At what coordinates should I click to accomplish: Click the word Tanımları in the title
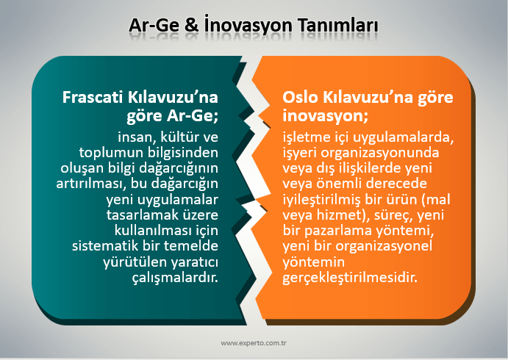tap(338, 25)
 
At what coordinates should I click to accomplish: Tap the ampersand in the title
tap(192, 25)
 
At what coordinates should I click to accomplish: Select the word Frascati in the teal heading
tap(94, 97)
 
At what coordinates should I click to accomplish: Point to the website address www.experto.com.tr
tap(254, 343)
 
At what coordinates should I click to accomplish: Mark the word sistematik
tap(105, 245)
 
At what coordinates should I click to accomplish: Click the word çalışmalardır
tap(175, 278)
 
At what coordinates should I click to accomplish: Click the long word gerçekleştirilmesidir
tap(350, 278)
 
